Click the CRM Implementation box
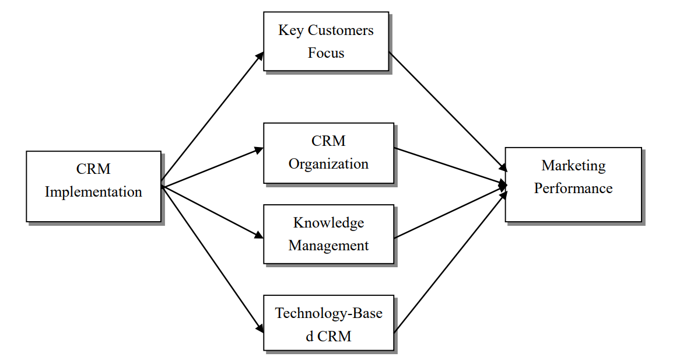pyautogui.click(x=93, y=186)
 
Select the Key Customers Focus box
pyautogui.click(x=326, y=41)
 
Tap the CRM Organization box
pyautogui.click(x=328, y=153)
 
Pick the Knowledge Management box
pyautogui.click(x=328, y=234)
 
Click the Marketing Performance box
pyautogui.click(x=573, y=184)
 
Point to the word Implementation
pyautogui.click(x=93, y=192)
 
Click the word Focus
pyautogui.click(x=326, y=53)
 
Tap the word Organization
pyautogui.click(x=328, y=164)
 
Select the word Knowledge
pyautogui.click(x=328, y=223)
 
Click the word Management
pyautogui.click(x=328, y=246)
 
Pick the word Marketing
pyautogui.click(x=573, y=166)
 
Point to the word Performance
pyautogui.click(x=573, y=188)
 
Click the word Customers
pyautogui.click(x=341, y=30)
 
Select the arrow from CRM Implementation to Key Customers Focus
pyautogui.click(x=212, y=120)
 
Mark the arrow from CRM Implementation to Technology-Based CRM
pyautogui.click(x=212, y=260)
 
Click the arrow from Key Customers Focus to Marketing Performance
pyautogui.click(x=447, y=111)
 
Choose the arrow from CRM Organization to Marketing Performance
pyautogui.click(x=450, y=166)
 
